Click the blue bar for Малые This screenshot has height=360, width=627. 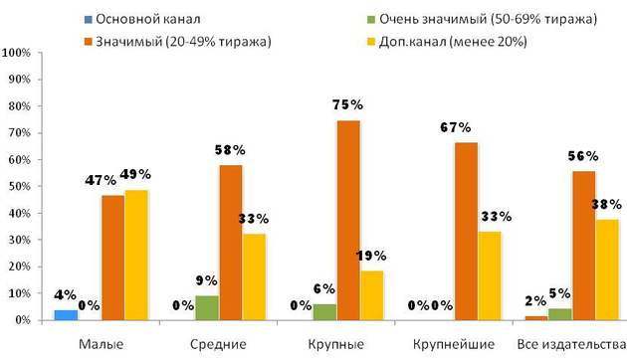(65, 315)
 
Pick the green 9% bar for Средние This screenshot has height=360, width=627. (207, 308)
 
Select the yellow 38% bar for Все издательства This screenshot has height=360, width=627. (608, 270)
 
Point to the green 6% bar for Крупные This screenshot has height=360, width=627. (325, 312)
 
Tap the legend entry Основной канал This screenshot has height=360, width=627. (129, 19)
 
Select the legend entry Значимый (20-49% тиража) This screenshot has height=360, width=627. (179, 41)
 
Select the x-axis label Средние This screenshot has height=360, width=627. (217, 343)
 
